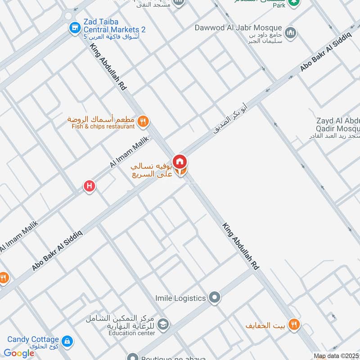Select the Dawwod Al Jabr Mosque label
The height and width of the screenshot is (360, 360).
click(238, 28)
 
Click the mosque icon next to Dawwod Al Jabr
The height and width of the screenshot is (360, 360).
click(291, 32)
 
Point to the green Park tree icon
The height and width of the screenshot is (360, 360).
click(294, 2)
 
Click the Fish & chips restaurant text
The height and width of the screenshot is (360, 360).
click(103, 126)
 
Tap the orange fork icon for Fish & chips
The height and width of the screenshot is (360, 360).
click(143, 121)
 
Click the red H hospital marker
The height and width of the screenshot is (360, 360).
click(89, 185)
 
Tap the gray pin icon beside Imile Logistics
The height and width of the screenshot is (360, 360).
click(215, 297)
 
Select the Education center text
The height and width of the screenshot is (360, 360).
click(131, 333)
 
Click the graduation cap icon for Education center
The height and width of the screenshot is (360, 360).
click(164, 324)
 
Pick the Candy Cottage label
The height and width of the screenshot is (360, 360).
click(33, 340)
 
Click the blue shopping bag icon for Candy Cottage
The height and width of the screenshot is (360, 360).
click(67, 341)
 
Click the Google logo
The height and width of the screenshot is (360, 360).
click(19, 353)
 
